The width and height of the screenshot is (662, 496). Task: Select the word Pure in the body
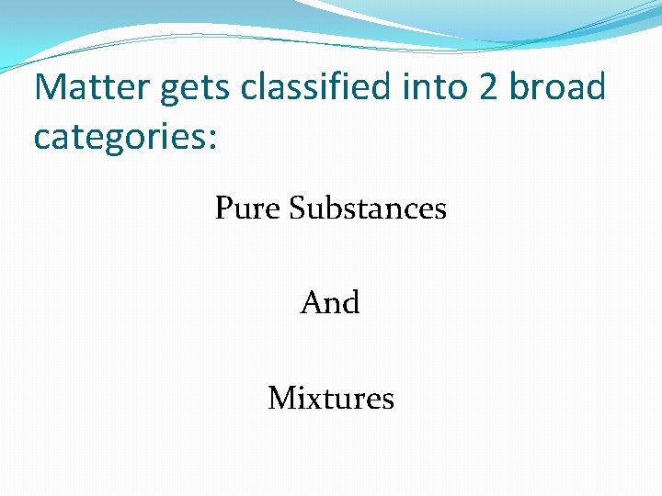[x=247, y=209]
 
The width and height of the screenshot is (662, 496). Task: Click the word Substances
[x=368, y=209]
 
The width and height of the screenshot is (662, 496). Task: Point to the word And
[x=330, y=303]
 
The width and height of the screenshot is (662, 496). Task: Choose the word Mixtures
[x=331, y=399]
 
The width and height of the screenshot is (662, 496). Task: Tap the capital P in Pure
[x=223, y=209]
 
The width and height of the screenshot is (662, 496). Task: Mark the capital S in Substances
[x=297, y=209]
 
